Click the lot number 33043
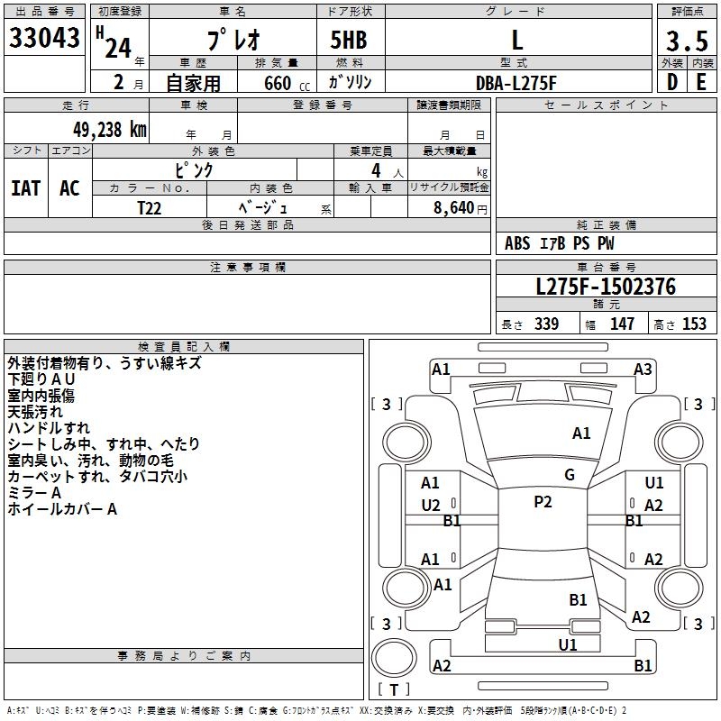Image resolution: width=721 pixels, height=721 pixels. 45,38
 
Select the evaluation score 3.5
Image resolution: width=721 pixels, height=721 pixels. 685,41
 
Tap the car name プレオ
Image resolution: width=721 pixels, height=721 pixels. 232,40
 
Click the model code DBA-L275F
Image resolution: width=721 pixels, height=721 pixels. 516,83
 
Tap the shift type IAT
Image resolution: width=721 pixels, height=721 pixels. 25,188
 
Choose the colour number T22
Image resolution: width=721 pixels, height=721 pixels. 150,206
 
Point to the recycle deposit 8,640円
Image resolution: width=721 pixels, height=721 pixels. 459,207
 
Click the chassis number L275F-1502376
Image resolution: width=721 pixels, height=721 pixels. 605,287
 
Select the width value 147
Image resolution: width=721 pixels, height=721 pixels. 622,324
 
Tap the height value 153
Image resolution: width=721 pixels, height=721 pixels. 694,324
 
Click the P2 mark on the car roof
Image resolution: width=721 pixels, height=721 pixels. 543,502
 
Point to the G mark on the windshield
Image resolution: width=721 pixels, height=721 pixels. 570,475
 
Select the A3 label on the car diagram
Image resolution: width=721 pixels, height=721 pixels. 643,369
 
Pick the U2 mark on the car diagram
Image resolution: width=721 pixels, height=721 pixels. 431,506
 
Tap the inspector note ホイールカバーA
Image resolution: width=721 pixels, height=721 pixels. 63,509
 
